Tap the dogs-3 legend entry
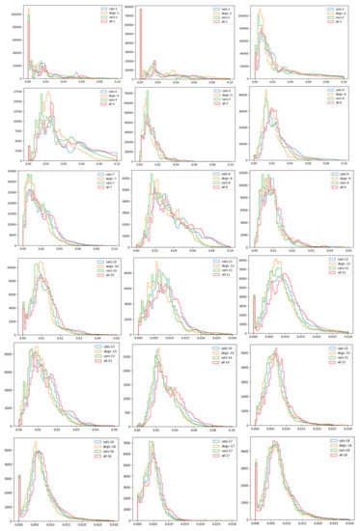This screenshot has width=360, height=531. pos(324,13)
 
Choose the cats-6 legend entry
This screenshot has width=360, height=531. pos(325,93)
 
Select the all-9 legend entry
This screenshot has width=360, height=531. pos(325,188)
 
